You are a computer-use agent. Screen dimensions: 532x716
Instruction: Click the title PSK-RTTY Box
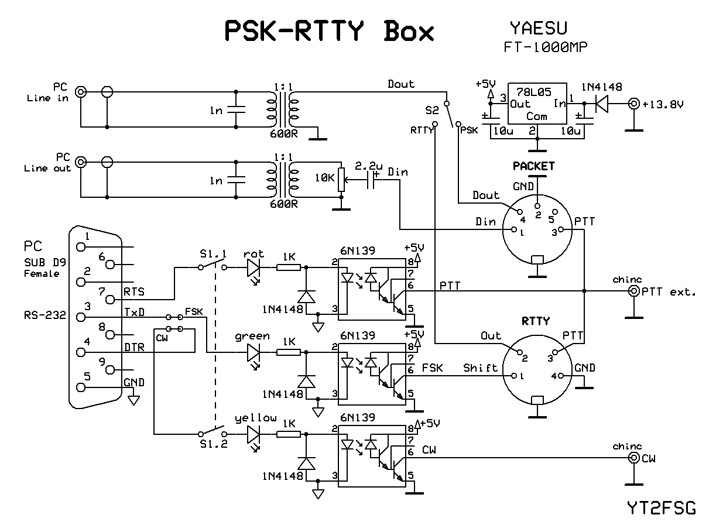pyautogui.click(x=330, y=32)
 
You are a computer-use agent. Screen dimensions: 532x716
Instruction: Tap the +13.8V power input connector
pyautogui.click(x=633, y=105)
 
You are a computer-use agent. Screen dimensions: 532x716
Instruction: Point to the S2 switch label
pyautogui.click(x=433, y=109)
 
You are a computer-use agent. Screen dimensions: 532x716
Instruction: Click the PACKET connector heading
pyautogui.click(x=533, y=166)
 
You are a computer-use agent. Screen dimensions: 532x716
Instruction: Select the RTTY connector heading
pyautogui.click(x=536, y=321)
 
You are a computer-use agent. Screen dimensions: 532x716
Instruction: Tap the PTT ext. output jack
pyautogui.click(x=633, y=291)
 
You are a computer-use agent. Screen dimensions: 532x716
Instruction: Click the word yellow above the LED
pyautogui.click(x=255, y=418)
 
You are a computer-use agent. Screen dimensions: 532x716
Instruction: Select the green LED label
pyautogui.click(x=252, y=336)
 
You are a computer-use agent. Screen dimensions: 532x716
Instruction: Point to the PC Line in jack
pyautogui.click(x=81, y=92)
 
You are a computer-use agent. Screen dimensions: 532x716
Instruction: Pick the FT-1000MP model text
pyautogui.click(x=545, y=47)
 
